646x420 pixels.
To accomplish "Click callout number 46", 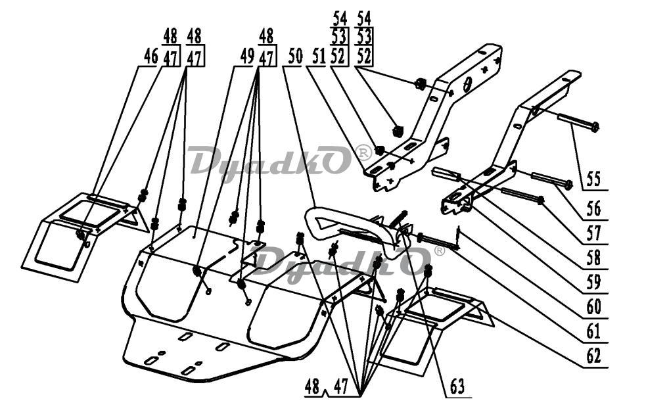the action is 150,57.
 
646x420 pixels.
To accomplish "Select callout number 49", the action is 247,57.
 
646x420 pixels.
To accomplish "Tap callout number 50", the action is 295,56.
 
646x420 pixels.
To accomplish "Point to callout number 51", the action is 319,56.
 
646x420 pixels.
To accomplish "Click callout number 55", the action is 593,179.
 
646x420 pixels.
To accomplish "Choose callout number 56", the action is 593,209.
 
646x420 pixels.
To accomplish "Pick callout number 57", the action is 593,233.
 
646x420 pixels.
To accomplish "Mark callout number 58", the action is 593,258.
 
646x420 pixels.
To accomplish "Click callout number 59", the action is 593,283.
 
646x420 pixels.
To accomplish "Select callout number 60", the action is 593,307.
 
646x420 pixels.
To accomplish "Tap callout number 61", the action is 593,331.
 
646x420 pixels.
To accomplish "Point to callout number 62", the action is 593,356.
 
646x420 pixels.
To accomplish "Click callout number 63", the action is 457,386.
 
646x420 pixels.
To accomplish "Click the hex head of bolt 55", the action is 595,127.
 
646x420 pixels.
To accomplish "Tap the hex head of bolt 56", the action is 568,185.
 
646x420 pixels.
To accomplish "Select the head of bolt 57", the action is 541,200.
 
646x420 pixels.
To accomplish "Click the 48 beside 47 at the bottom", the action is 312,387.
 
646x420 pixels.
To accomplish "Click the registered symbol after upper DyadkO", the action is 363,152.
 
